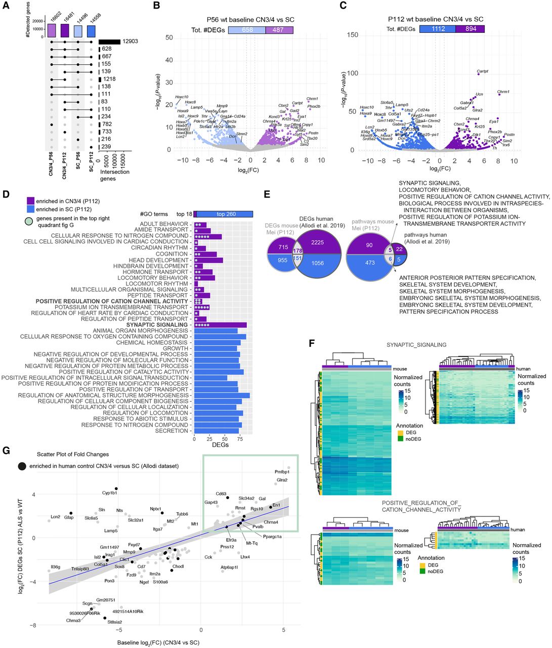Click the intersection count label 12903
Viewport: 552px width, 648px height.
click(x=131, y=41)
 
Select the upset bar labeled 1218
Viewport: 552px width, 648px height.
click(x=100, y=79)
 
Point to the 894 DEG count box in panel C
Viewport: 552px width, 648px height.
click(x=470, y=29)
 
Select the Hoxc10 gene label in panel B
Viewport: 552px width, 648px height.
click(x=182, y=97)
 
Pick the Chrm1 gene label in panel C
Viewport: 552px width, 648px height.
click(x=503, y=92)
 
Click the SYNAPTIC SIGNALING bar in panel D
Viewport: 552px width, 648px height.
click(x=220, y=325)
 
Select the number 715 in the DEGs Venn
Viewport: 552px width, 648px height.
click(x=283, y=246)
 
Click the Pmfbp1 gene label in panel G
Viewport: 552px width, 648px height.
click(x=282, y=472)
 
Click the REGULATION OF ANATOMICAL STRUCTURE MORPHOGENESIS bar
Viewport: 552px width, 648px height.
click(x=222, y=395)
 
